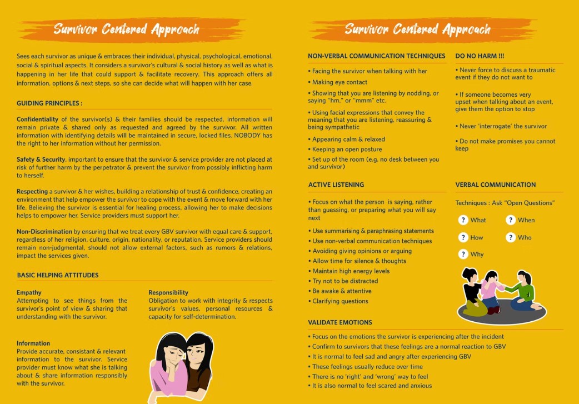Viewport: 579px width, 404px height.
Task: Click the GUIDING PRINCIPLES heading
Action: click(x=49, y=103)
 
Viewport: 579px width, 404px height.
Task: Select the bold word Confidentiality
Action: click(x=38, y=119)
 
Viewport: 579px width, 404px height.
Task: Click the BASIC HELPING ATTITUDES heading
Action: click(x=58, y=275)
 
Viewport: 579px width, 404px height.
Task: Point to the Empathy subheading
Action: click(x=29, y=292)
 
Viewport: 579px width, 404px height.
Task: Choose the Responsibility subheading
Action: click(x=168, y=292)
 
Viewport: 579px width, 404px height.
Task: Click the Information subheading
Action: click(x=33, y=343)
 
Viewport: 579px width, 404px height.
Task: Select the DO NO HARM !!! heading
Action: click(x=480, y=56)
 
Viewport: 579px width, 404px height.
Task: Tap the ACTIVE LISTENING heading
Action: click(x=336, y=185)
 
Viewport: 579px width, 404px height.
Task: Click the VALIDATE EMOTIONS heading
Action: click(x=340, y=322)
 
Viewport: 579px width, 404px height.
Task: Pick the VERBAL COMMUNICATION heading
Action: click(x=496, y=185)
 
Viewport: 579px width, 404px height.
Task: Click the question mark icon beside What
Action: click(x=463, y=220)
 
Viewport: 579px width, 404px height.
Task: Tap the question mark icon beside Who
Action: click(x=511, y=237)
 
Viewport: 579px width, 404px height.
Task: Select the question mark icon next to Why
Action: click(x=463, y=254)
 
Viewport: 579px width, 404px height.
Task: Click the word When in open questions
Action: click(x=526, y=220)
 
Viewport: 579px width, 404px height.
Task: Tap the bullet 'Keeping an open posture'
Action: click(x=347, y=149)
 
